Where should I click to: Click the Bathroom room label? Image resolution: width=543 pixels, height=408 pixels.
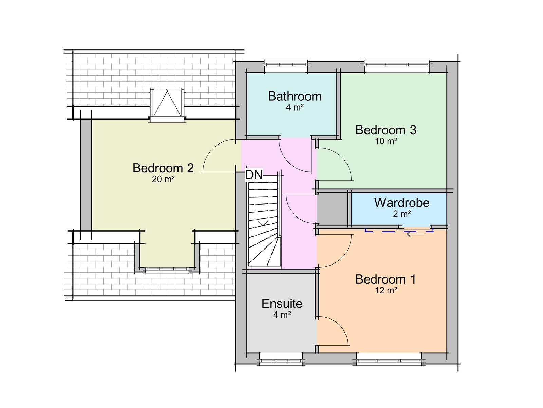295,96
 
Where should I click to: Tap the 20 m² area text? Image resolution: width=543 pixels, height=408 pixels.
163,179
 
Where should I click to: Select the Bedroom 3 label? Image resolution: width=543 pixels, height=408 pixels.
386,130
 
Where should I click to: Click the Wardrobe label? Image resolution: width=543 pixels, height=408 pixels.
402,203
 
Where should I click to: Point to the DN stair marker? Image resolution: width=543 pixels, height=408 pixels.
254,175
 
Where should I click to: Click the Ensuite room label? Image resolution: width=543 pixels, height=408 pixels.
282,303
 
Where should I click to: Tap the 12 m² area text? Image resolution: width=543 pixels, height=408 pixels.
386,290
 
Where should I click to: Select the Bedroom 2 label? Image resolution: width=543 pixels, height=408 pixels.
163,168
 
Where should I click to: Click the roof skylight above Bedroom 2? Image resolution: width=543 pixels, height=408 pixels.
167,103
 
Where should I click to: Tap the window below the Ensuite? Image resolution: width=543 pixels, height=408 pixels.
281,359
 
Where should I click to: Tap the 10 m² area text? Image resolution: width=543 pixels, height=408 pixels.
386,141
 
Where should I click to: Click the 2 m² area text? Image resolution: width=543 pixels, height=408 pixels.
402,214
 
